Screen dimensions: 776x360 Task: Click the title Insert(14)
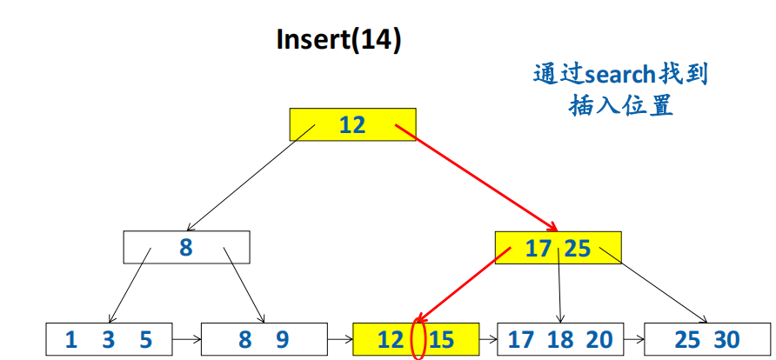click(x=338, y=40)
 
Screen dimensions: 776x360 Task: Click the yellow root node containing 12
click(x=352, y=124)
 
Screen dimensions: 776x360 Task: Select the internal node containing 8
click(x=186, y=247)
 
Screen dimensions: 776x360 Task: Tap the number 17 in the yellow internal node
click(x=539, y=249)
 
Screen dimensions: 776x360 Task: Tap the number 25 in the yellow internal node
click(x=577, y=249)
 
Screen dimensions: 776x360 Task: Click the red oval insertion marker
click(x=417, y=338)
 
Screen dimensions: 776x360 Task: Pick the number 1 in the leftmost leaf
click(x=71, y=339)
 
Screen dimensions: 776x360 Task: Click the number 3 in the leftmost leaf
click(x=108, y=339)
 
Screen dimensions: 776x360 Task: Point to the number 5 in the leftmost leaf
click(x=145, y=339)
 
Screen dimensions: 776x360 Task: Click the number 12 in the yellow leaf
click(x=391, y=339)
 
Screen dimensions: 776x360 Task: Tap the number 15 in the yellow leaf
click(x=441, y=339)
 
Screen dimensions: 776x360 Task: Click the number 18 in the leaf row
click(x=559, y=339)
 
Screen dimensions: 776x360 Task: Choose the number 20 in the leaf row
click(x=599, y=339)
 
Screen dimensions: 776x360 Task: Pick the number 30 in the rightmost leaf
click(x=726, y=339)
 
